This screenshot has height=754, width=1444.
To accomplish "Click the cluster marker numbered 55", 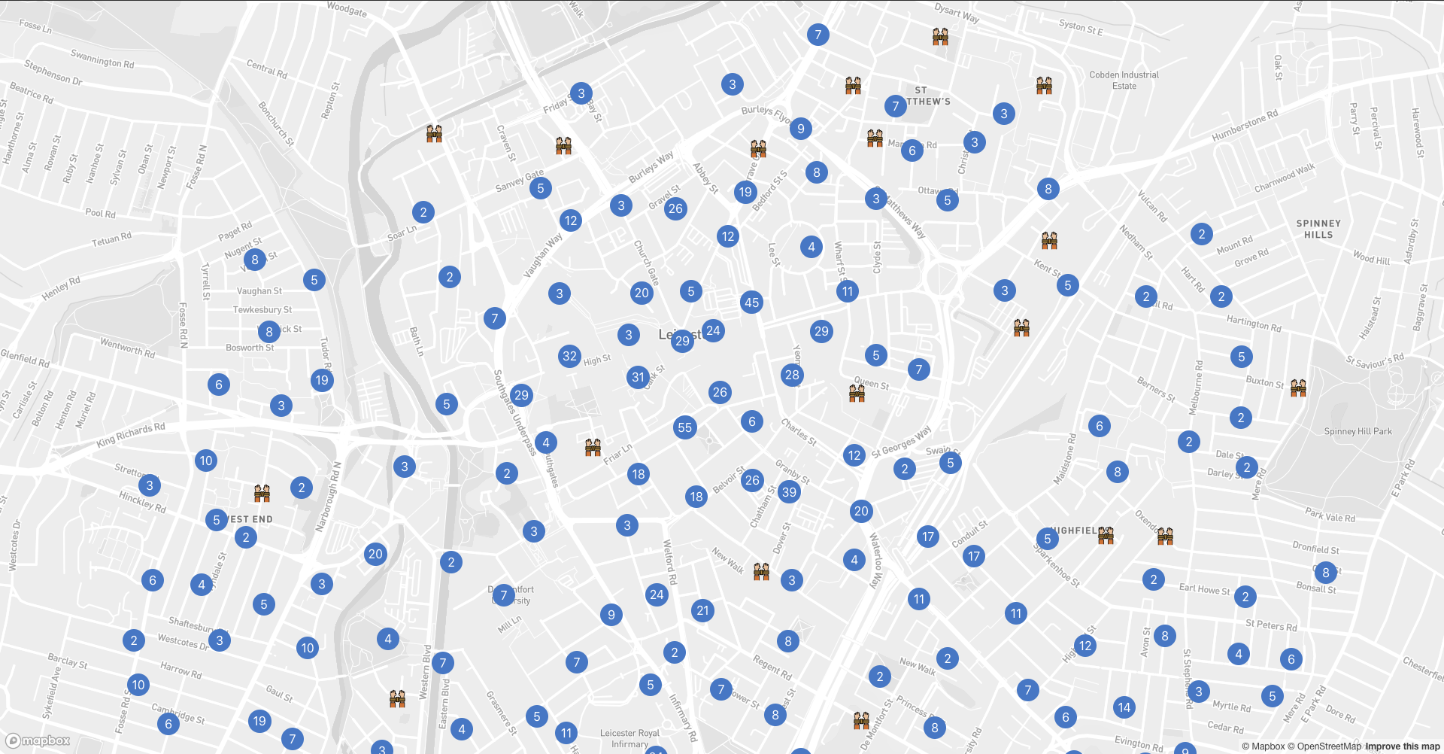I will (x=684, y=427).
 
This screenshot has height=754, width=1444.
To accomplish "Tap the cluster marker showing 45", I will (x=751, y=303).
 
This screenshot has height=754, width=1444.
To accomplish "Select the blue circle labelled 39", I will (x=789, y=492).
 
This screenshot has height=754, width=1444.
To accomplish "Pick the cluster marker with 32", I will (x=570, y=356).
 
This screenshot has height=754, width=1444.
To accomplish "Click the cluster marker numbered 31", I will (x=639, y=377).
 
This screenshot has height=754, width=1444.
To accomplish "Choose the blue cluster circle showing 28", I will (x=792, y=375).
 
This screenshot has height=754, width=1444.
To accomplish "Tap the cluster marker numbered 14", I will (x=1124, y=707).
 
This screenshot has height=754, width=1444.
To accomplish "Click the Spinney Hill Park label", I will (x=1358, y=431).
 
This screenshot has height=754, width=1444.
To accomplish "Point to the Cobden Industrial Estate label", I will (x=1124, y=80).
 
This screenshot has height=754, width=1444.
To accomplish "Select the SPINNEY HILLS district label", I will (x=1318, y=229).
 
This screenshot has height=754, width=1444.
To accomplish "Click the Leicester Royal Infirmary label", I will (x=629, y=738).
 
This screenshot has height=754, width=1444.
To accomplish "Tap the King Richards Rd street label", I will (x=131, y=434).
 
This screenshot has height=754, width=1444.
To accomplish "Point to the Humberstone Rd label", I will (x=1245, y=126).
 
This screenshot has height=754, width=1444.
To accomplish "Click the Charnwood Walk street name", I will (x=1285, y=178).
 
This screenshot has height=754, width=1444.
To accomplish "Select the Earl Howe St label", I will (x=1204, y=589).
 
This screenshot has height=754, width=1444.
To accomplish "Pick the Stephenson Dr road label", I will (x=53, y=71).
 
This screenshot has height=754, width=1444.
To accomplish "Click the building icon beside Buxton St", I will (x=1298, y=388).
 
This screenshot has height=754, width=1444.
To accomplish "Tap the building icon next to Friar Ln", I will (x=593, y=448).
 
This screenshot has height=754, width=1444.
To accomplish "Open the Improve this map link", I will (x=1402, y=746).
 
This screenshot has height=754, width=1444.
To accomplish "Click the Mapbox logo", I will (x=38, y=740).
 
